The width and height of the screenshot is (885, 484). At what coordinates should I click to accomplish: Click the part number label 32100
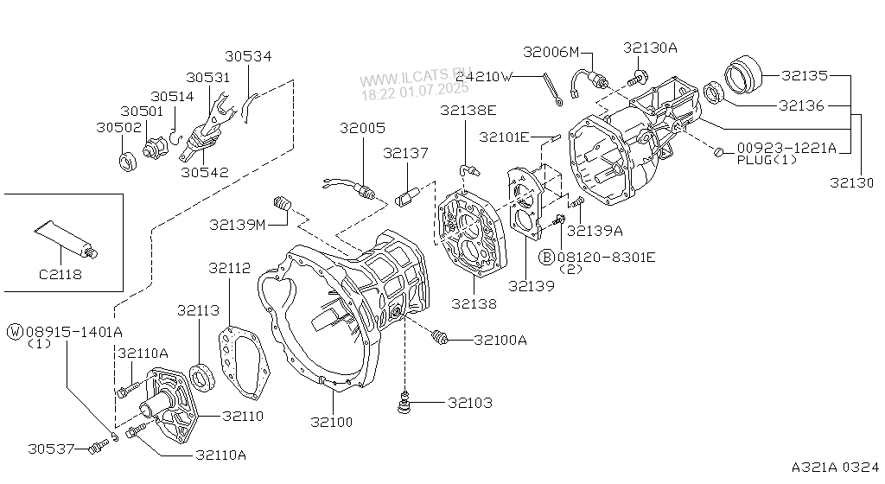click(332, 423)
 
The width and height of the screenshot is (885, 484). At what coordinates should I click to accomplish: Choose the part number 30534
click(248, 56)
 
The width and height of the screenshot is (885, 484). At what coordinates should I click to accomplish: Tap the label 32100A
click(500, 340)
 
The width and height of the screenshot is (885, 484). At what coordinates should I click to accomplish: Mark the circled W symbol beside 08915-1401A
click(16, 331)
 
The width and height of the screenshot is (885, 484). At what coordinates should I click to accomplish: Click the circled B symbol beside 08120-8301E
click(547, 257)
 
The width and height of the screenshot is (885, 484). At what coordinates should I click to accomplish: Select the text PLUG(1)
click(767, 160)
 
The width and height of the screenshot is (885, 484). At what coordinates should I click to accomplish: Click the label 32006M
click(551, 52)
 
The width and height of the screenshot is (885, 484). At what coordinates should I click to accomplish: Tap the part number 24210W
click(484, 76)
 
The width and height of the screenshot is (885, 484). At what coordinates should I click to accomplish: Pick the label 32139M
click(237, 225)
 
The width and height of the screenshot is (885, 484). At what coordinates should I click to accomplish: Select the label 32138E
click(468, 110)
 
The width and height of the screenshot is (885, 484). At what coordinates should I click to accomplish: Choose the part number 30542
click(205, 172)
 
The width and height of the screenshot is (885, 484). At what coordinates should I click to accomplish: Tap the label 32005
click(362, 127)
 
